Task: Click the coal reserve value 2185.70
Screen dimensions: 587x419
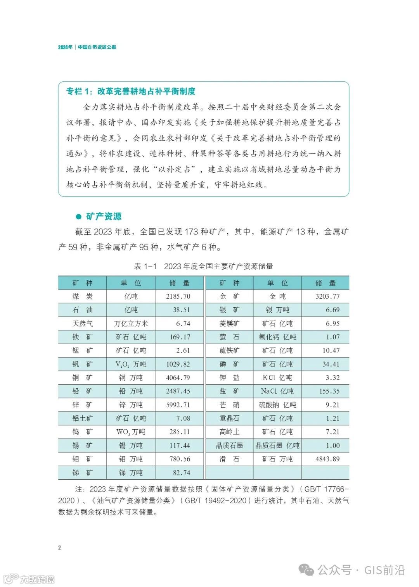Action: [x=178, y=296]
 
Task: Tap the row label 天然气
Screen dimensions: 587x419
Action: [x=82, y=324]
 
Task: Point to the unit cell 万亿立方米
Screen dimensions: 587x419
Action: [x=131, y=324]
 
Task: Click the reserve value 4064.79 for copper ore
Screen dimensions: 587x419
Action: [x=178, y=378]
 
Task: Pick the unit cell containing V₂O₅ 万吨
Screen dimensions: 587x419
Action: [x=131, y=364]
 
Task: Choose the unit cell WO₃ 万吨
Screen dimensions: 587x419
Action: [x=131, y=432]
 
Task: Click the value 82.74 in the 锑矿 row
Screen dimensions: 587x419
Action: [x=182, y=473]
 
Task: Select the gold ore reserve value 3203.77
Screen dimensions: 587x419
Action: [x=327, y=296]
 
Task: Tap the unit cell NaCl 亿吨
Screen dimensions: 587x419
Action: [x=277, y=391]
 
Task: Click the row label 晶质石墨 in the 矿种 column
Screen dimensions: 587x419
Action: [x=229, y=446]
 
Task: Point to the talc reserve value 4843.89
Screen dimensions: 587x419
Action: [x=327, y=459]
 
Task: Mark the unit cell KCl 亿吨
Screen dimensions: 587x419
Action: [x=277, y=378]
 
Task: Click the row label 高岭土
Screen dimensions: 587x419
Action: [x=229, y=432]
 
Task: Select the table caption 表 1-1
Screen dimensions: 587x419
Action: [x=145, y=266]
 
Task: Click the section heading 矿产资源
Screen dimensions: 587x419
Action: [x=104, y=216]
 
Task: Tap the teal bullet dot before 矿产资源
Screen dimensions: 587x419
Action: [x=79, y=217]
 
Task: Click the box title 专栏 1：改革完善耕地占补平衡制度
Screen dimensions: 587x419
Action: [x=131, y=91]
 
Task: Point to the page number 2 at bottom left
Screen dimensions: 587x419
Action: [x=59, y=547]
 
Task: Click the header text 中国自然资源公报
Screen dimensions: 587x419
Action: [x=97, y=47]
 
